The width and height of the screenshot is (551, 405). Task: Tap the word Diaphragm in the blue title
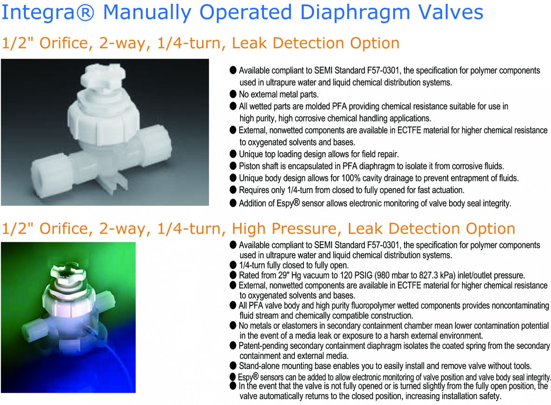[x=355, y=13]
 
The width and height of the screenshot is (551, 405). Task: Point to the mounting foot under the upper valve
[x=114, y=183]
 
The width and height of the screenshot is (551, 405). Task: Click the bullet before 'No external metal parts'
[x=233, y=94]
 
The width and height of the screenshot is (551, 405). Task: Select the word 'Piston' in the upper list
[x=250, y=167]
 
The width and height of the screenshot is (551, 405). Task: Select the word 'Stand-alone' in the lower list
[x=259, y=366]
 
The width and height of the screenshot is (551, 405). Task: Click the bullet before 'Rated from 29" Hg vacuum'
[x=233, y=275]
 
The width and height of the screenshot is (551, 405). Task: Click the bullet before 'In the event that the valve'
[x=233, y=386]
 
